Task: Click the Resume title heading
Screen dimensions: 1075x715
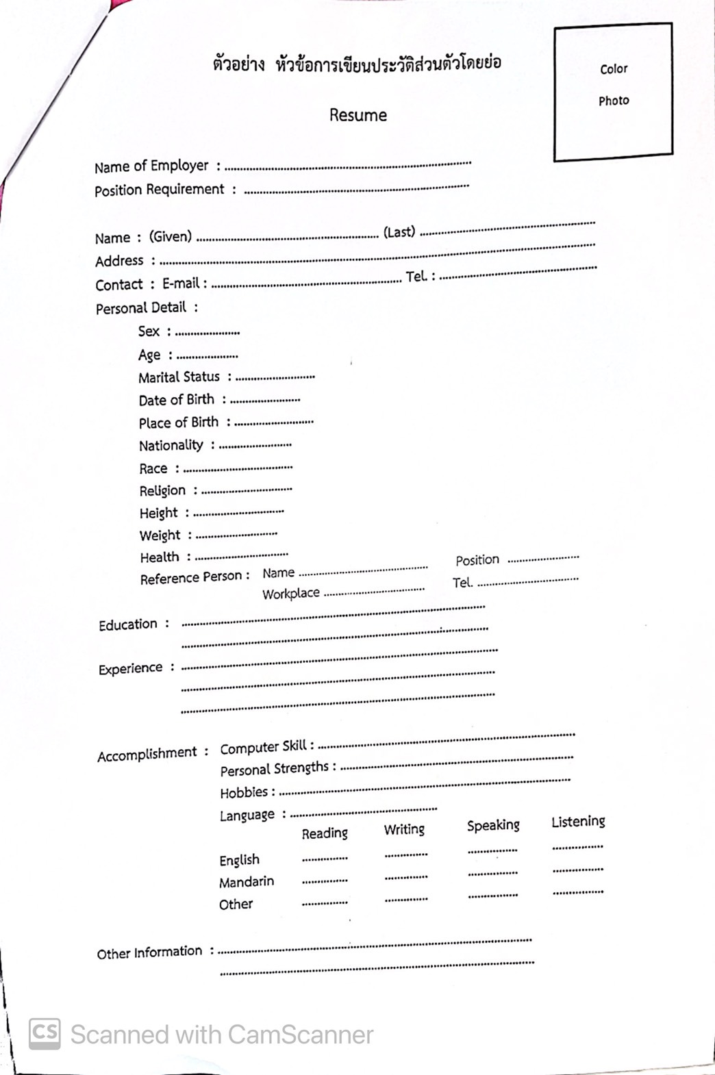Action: click(357, 115)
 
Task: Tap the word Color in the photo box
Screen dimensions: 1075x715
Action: click(614, 69)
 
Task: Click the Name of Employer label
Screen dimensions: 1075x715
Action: click(151, 166)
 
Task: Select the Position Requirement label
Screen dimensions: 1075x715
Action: click(160, 190)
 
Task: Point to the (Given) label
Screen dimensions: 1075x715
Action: click(171, 237)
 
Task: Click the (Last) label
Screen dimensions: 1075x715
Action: click(399, 232)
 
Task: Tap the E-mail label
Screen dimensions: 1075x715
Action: click(181, 283)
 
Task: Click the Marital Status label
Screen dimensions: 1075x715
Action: click(179, 377)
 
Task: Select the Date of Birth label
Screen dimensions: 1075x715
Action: click(177, 400)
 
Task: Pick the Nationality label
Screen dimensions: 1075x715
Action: click(171, 446)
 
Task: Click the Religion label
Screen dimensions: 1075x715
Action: click(162, 491)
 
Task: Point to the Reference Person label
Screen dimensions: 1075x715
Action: click(191, 578)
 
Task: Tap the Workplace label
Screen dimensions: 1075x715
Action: click(291, 594)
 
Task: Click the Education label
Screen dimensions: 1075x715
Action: click(128, 624)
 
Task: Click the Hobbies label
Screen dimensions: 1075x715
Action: click(244, 793)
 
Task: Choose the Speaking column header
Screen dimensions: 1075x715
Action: click(493, 826)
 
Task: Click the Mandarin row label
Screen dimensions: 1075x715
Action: click(247, 882)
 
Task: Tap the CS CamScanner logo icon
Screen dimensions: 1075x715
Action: click(45, 1033)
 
